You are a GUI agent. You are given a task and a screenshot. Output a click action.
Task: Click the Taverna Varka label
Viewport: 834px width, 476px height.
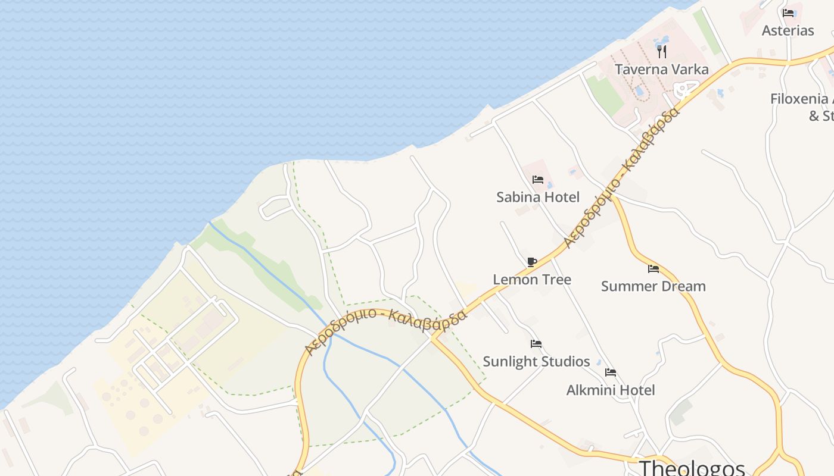click(661, 70)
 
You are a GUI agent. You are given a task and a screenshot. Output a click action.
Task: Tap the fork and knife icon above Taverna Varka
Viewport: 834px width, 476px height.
click(662, 52)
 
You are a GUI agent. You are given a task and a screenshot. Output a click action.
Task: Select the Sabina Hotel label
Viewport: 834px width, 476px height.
click(538, 197)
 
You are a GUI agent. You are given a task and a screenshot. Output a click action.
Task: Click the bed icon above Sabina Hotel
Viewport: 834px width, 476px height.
click(538, 179)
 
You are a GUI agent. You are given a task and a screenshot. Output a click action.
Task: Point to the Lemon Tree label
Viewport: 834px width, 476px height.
click(532, 279)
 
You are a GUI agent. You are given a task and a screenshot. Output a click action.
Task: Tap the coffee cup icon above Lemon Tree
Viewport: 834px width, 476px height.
click(532, 262)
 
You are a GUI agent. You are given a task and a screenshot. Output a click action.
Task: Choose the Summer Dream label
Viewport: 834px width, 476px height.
click(653, 286)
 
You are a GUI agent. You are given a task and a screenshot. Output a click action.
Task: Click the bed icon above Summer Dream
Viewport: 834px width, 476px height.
click(653, 269)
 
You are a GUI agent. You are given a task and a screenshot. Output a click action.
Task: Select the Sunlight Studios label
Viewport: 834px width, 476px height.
click(536, 361)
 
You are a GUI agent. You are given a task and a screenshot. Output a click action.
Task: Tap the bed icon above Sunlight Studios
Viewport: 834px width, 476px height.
click(536, 344)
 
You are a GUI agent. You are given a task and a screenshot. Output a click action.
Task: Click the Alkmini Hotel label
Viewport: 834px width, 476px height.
click(610, 390)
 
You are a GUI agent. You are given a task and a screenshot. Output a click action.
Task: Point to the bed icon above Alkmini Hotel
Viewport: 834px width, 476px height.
click(611, 372)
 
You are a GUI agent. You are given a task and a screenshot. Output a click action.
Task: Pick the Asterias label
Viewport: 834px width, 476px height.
click(788, 30)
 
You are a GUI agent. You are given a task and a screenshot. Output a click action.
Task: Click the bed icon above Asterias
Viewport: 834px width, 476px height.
click(788, 12)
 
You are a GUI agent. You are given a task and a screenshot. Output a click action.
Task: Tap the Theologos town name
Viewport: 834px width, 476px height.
click(692, 468)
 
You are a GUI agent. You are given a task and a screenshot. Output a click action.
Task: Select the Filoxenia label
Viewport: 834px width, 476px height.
click(801, 99)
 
